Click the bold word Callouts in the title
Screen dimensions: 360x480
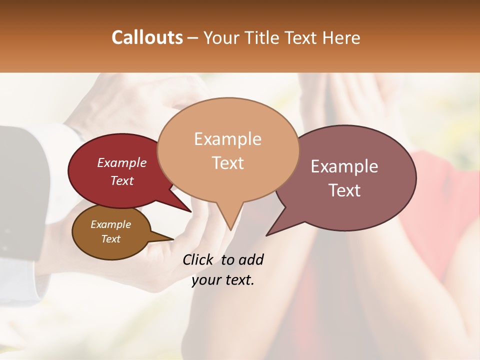pyautogui.click(x=147, y=37)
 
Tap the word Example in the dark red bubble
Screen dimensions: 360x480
pyautogui.click(x=122, y=162)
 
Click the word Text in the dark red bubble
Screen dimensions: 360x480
pyautogui.click(x=122, y=180)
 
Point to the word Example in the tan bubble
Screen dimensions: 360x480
pyautogui.click(x=227, y=139)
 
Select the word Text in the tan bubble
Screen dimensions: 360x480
pyautogui.click(x=227, y=162)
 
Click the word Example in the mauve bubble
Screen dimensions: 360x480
pyautogui.click(x=344, y=166)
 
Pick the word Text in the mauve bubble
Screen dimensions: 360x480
pyautogui.click(x=344, y=190)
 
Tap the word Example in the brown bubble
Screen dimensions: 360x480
pyautogui.click(x=110, y=224)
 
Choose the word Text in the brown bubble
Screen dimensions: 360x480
pyautogui.click(x=110, y=239)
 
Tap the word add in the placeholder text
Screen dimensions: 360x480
pyautogui.click(x=251, y=259)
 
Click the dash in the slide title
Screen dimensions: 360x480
pyautogui.click(x=193, y=38)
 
